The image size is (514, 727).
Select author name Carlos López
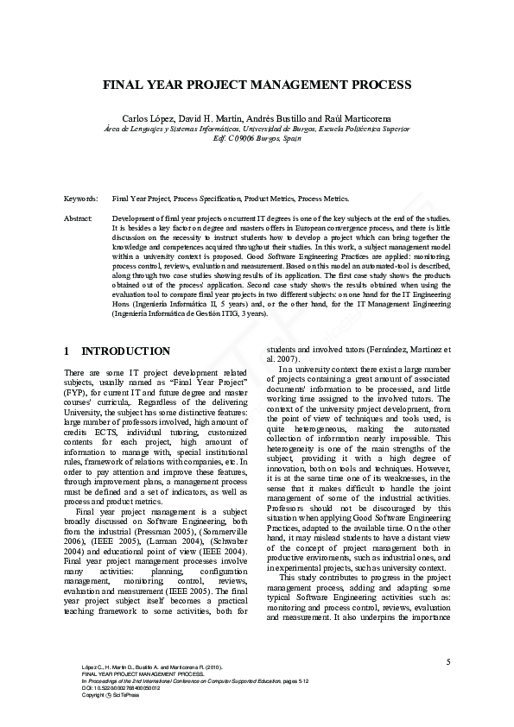click(x=169, y=117)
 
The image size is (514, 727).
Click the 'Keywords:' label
click(x=82, y=198)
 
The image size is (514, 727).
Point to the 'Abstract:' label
click(x=79, y=219)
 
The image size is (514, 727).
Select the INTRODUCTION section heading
click(x=125, y=351)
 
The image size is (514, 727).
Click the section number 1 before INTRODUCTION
click(x=67, y=351)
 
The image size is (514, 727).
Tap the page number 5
click(x=448, y=661)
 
